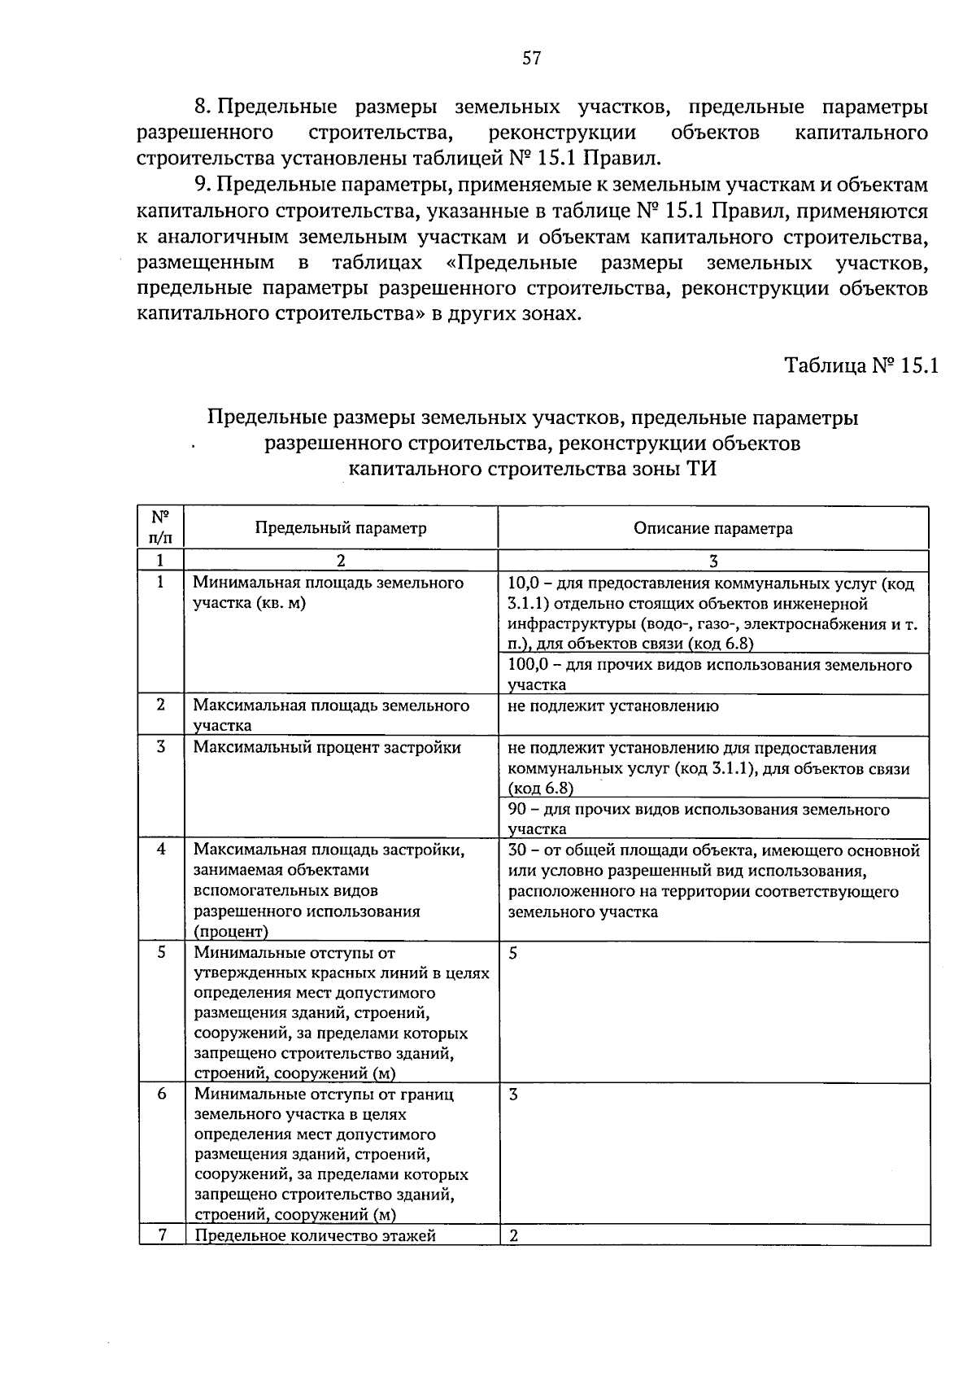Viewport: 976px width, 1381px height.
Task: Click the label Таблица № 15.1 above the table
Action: click(861, 365)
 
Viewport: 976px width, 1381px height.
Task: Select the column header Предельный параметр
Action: click(341, 528)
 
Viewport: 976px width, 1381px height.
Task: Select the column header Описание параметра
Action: click(712, 529)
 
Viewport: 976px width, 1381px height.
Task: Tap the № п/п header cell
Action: click(160, 527)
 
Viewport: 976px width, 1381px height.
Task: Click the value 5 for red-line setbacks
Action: click(513, 953)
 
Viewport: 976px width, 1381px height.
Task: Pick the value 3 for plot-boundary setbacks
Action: click(513, 1095)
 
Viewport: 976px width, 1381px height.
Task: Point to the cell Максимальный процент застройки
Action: click(327, 747)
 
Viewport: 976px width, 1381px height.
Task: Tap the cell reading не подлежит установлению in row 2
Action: click(612, 706)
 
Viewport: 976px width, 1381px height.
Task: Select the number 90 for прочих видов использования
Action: click(516, 810)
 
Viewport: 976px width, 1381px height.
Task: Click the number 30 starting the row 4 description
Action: click(516, 851)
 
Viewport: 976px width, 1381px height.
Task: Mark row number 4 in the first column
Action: click(161, 849)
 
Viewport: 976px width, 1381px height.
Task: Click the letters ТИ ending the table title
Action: click(702, 470)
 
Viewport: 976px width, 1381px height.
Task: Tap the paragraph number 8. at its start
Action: click(203, 107)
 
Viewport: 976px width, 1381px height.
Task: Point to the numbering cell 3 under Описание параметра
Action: click(712, 561)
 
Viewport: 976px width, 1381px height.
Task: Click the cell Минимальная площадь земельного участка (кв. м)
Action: click(328, 593)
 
